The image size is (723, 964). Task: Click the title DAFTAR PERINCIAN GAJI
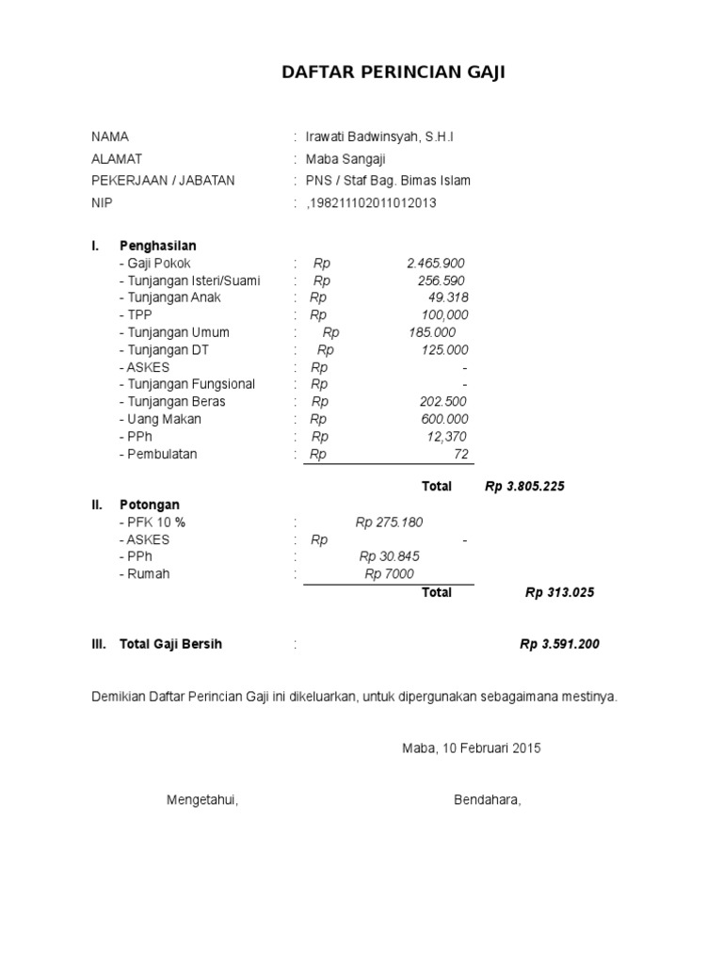pyautogui.click(x=394, y=72)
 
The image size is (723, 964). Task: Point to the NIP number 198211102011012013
pyautogui.click(x=372, y=202)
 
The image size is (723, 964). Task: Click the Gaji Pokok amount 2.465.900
pyautogui.click(x=436, y=264)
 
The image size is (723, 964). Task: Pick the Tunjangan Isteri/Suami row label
pyautogui.click(x=189, y=281)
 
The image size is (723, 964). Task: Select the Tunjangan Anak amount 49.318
pyautogui.click(x=447, y=297)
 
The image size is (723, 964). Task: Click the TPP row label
pyautogui.click(x=135, y=315)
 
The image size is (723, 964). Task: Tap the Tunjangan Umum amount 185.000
pyautogui.click(x=432, y=332)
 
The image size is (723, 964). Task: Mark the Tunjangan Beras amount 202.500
pyautogui.click(x=443, y=402)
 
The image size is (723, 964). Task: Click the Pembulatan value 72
pyautogui.click(x=460, y=454)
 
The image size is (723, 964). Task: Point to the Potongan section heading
pyautogui.click(x=150, y=505)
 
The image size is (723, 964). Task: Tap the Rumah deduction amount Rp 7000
pyautogui.click(x=389, y=574)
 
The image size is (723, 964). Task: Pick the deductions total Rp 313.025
pyautogui.click(x=559, y=592)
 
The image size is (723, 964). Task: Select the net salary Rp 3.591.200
pyautogui.click(x=559, y=645)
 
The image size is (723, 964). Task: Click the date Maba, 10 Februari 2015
pyautogui.click(x=472, y=748)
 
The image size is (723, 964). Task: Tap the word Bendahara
pyautogui.click(x=487, y=800)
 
